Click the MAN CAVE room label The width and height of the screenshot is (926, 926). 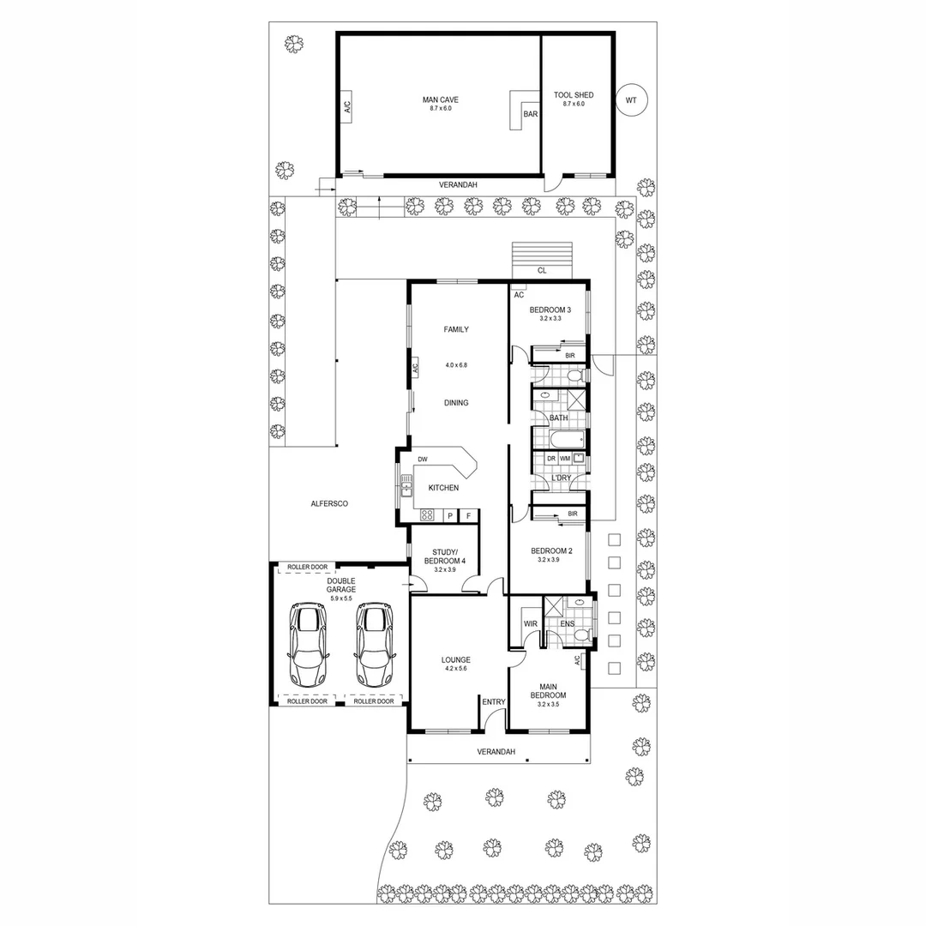[x=440, y=99]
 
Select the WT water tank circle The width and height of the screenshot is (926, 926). [x=632, y=100]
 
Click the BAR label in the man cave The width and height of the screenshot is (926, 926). [x=531, y=114]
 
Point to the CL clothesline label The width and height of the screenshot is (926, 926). [x=542, y=270]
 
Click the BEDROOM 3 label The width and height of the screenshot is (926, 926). [x=550, y=310]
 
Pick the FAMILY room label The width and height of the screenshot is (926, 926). [x=455, y=329]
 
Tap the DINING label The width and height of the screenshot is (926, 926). [x=455, y=403]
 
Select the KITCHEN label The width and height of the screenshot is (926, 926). [x=443, y=488]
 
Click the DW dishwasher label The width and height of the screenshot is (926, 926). [x=423, y=460]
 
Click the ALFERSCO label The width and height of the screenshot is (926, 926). [x=328, y=504]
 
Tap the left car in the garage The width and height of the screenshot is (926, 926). [x=308, y=644]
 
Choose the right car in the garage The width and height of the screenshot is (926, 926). [x=373, y=644]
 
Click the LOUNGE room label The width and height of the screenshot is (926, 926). [x=455, y=659]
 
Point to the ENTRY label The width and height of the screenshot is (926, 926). [x=494, y=702]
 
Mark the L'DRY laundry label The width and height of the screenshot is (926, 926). [x=561, y=478]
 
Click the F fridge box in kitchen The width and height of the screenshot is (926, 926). [x=468, y=516]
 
